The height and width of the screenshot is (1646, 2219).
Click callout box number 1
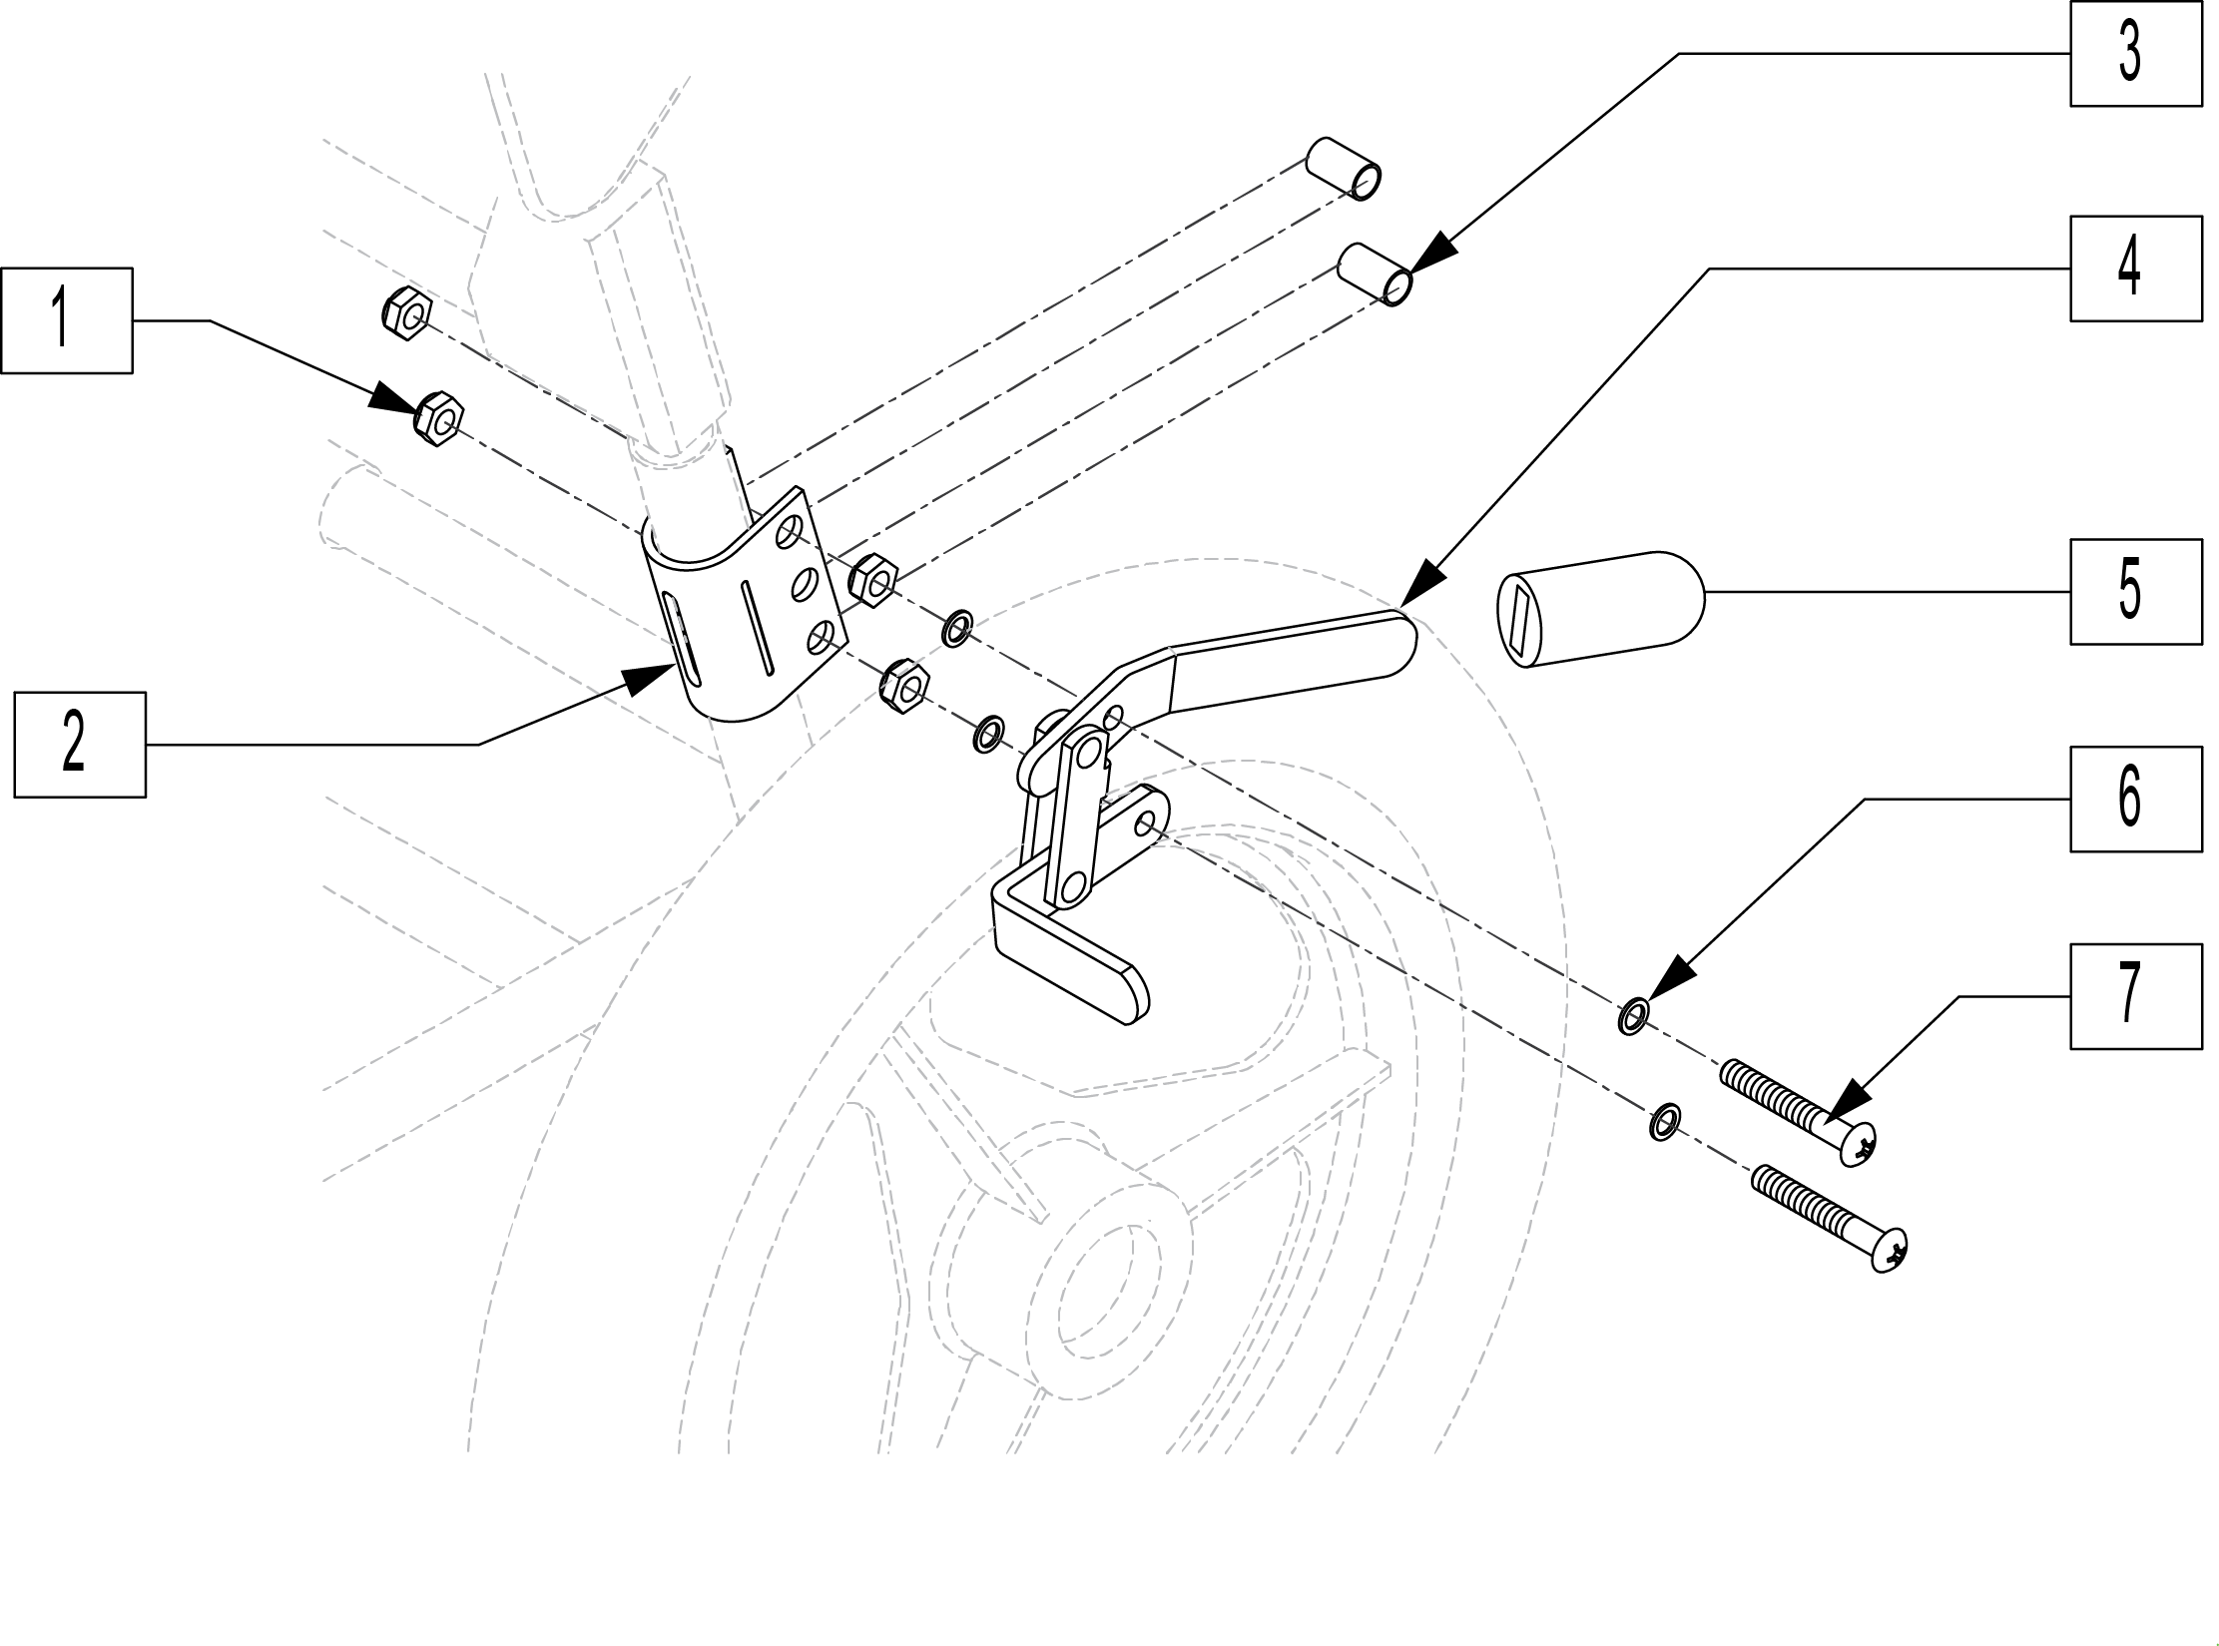point(67,320)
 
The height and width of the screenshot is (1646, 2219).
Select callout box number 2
point(80,745)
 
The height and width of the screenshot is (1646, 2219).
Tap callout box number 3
point(2136,53)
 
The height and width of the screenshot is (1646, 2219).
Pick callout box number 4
point(2136,269)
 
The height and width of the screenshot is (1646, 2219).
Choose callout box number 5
point(2136,592)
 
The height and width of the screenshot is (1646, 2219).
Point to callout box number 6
point(2136,799)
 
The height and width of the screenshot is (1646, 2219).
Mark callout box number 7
point(2136,996)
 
